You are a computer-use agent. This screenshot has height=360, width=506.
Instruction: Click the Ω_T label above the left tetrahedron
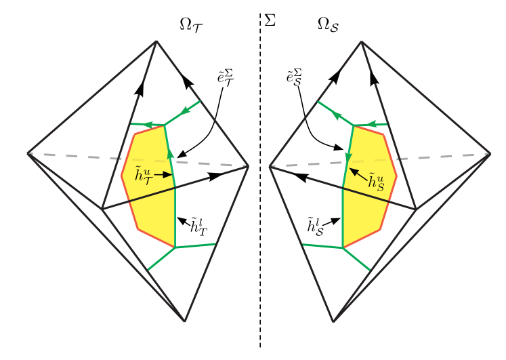[x=192, y=26]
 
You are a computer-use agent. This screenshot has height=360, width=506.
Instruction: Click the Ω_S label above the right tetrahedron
[x=328, y=25]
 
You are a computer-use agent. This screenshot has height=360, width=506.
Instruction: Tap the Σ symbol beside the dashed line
[x=270, y=20]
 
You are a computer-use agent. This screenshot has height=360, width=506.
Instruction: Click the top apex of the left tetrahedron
[x=156, y=41]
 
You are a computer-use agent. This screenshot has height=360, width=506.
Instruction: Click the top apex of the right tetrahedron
[x=362, y=41]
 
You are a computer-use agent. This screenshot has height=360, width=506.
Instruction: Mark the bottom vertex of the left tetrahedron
[x=185, y=321]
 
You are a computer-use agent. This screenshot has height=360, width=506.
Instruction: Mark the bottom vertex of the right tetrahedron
[x=333, y=321]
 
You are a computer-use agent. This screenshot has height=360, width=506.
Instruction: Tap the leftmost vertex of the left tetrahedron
[x=28, y=153]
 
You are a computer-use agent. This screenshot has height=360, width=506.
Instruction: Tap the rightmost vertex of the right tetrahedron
[x=490, y=154]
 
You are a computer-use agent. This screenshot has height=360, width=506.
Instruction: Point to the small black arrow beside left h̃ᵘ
[x=164, y=175]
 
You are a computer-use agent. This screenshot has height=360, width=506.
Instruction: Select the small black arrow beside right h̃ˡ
[x=331, y=222]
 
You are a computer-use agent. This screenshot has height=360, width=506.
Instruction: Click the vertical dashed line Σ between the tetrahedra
[x=260, y=180]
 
